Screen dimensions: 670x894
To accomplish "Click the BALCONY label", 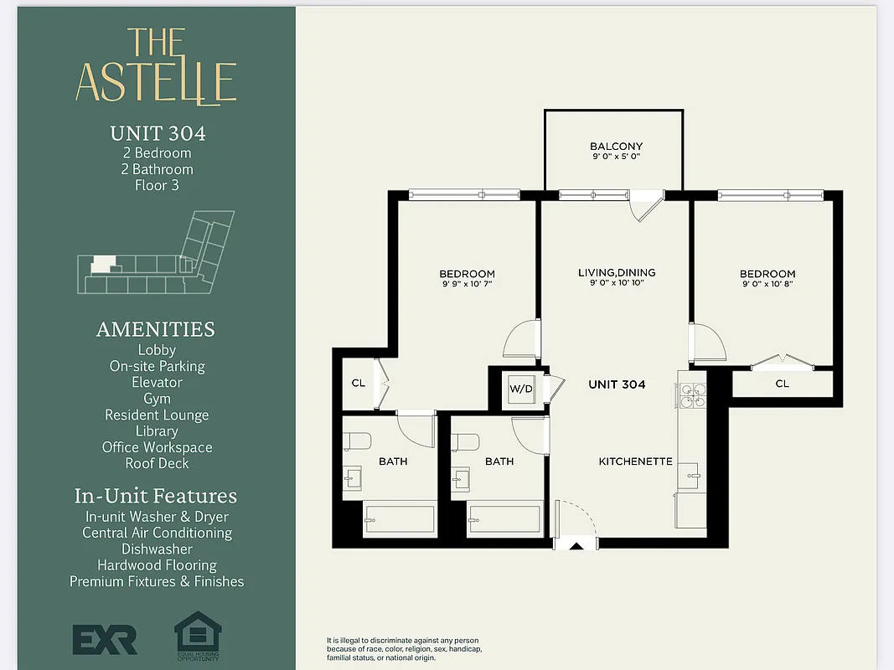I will click(616, 147).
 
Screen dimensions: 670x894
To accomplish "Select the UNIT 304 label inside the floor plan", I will click(617, 384).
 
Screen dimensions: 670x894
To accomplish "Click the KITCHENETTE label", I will click(635, 461).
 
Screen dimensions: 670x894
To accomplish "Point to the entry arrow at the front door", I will click(576, 546).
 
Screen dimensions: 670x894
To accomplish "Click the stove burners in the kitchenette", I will click(693, 394).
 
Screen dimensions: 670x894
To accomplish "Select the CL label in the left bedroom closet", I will click(359, 384).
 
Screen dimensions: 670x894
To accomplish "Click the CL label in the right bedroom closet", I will click(782, 384).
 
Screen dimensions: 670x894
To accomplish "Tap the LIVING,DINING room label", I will click(617, 273).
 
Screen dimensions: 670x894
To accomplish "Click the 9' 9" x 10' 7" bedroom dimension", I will click(467, 285).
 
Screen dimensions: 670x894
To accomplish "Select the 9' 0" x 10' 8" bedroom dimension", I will click(767, 285).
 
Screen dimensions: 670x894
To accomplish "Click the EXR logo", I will click(105, 640).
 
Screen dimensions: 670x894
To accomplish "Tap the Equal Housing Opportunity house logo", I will click(198, 635).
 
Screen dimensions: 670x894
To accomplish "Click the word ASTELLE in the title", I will click(156, 81).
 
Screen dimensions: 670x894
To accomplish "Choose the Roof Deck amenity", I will click(157, 463).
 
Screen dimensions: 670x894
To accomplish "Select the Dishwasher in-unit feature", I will click(157, 549).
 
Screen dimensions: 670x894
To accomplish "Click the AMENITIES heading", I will click(156, 329).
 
